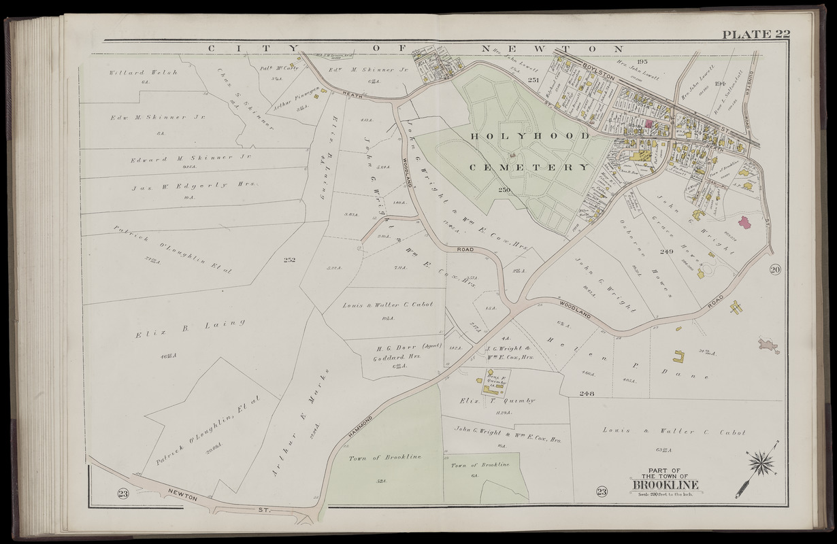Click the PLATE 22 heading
755,35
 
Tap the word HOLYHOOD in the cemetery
531,137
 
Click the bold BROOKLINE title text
664,486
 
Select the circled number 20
776,270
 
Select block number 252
289,259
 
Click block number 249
666,252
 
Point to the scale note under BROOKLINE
664,495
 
